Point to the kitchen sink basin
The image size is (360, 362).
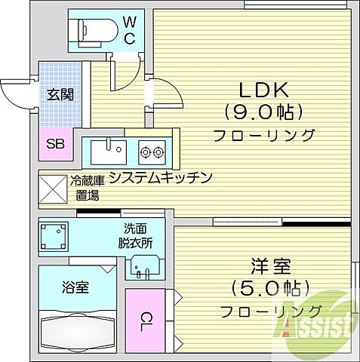[x=107, y=149]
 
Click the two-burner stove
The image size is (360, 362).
[x=152, y=152]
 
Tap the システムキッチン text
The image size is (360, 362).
[x=159, y=178]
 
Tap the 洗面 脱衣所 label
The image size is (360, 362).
[x=136, y=236]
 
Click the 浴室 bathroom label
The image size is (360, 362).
[x=76, y=287]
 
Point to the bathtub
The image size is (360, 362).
[x=76, y=329]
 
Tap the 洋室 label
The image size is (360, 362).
[x=270, y=267]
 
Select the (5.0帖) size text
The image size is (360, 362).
[x=270, y=290]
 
